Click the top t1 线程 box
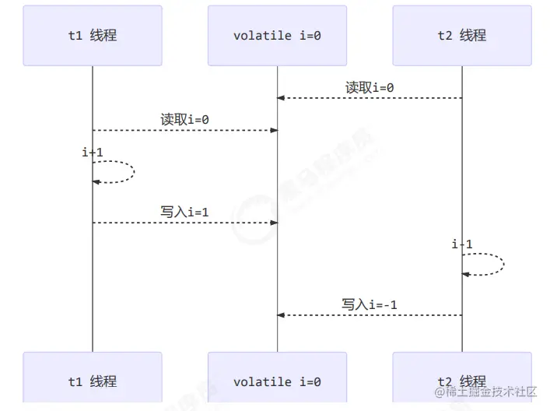tap(93, 36)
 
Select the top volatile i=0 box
tap(277, 36)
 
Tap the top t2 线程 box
tap(462, 36)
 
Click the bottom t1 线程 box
tap(93, 381)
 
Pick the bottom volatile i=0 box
tap(277, 381)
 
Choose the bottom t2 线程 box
tap(462, 381)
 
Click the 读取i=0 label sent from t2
tap(370, 87)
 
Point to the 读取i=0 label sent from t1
tap(185, 119)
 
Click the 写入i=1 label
tap(185, 212)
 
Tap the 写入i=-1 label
tap(370, 304)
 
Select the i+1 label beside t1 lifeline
tap(93, 153)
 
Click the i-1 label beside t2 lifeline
tap(462, 244)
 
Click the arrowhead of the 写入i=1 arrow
tap(273, 223)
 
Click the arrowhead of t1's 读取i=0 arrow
tap(273, 130)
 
